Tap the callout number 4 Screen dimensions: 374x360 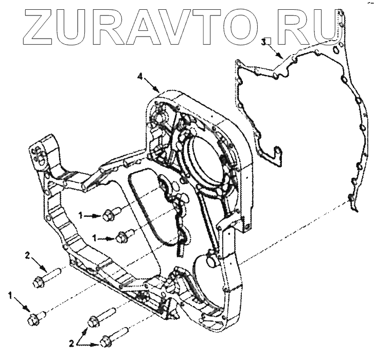coord(140,76)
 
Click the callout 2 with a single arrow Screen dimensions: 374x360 coord(27,253)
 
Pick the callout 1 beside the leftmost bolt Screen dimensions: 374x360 coord(10,296)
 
